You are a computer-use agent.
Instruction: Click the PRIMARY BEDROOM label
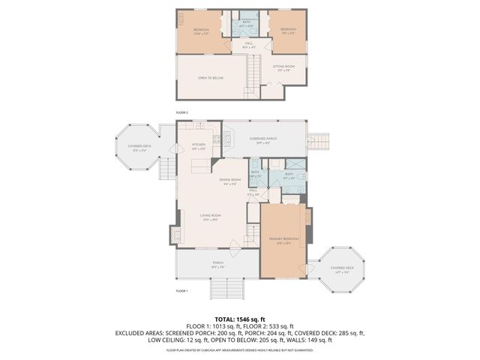coord(283,241)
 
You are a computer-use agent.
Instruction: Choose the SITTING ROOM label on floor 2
coord(283,68)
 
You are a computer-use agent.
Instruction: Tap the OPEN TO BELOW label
coord(212,78)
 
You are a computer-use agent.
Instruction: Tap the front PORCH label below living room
coord(217,264)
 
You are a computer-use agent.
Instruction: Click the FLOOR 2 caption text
coord(181,112)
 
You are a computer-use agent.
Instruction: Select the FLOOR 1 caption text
coord(181,290)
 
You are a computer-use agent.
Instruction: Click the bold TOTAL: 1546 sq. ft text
coord(239,319)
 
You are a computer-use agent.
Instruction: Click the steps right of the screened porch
coord(321,141)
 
